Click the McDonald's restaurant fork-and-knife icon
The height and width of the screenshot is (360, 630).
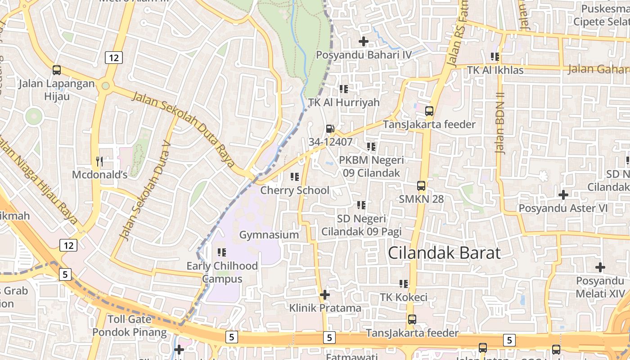[x=99, y=161]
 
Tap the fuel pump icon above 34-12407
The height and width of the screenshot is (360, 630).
[x=330, y=129]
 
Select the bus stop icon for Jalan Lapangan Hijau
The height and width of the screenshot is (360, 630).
[x=57, y=70]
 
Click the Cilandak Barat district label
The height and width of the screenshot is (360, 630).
[x=444, y=253]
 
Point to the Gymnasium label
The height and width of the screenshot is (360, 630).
[x=269, y=235]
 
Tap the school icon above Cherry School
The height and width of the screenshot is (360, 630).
[x=295, y=177]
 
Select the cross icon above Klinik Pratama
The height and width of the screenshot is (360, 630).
[x=325, y=295]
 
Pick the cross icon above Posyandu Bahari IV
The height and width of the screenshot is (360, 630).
[x=364, y=42]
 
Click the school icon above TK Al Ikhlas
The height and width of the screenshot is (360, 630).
[x=495, y=57]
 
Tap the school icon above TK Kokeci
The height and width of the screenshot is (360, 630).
[x=404, y=284]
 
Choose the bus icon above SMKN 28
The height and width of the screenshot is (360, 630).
[x=421, y=185]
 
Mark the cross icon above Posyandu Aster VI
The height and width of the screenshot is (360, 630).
[x=563, y=195]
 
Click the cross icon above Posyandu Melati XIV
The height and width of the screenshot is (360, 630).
[x=600, y=268]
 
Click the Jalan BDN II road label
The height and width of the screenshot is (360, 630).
[x=500, y=123]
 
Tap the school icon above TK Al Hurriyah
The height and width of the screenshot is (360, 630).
[x=344, y=89]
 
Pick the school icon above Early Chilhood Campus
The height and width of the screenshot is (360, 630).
[x=222, y=252]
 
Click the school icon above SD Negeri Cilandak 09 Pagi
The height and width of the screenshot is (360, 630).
[x=361, y=205]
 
